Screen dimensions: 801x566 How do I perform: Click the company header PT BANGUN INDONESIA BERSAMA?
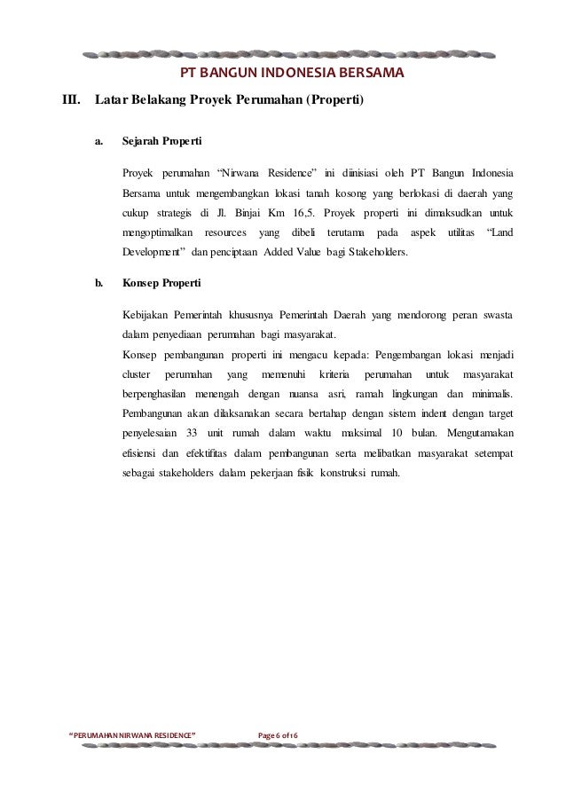(x=292, y=71)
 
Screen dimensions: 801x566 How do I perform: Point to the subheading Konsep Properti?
(x=162, y=285)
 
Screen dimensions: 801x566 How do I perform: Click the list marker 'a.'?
(x=100, y=141)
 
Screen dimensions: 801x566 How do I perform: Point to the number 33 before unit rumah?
(x=193, y=433)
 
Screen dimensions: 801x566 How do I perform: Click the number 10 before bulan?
(x=397, y=433)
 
